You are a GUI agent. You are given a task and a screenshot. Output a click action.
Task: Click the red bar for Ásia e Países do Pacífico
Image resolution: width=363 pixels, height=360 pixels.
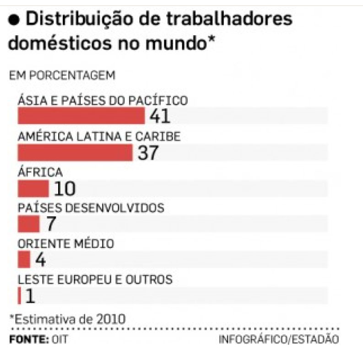pyautogui.click(x=81, y=117)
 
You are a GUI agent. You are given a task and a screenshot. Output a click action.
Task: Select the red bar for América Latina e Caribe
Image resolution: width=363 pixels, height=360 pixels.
pyautogui.click(x=75, y=153)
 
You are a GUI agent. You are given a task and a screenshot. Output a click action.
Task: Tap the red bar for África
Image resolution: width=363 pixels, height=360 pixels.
pyautogui.click(x=33, y=188)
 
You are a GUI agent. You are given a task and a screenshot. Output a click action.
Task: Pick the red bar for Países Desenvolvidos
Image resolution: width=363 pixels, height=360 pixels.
pyautogui.click(x=28, y=224)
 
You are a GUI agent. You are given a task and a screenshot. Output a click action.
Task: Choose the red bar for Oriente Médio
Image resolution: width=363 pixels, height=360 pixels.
pyautogui.click(x=24, y=260)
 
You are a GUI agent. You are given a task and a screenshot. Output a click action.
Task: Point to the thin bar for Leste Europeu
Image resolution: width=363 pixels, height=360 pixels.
pyautogui.click(x=19, y=296)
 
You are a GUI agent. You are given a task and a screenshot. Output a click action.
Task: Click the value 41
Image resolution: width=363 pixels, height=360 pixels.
pyautogui.click(x=159, y=117)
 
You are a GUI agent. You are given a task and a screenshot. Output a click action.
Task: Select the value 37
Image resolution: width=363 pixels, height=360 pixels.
pyautogui.click(x=147, y=153)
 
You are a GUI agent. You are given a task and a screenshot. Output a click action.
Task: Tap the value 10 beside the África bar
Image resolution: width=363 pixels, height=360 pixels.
pyautogui.click(x=64, y=188)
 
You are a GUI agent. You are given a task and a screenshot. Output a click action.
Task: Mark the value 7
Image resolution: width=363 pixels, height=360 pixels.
pyautogui.click(x=50, y=224)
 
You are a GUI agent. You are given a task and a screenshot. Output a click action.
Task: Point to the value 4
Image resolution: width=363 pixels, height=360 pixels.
pyautogui.click(x=40, y=260)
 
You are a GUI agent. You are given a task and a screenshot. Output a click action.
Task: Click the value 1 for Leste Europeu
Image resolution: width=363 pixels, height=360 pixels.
pyautogui.click(x=30, y=296)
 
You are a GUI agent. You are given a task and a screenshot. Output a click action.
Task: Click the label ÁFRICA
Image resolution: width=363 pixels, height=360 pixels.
pyautogui.click(x=40, y=172)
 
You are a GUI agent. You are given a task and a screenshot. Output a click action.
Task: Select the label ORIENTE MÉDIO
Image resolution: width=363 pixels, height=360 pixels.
pyautogui.click(x=65, y=244)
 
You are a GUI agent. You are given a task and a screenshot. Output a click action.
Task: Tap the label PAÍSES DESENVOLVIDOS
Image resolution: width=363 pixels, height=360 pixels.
pyautogui.click(x=91, y=208)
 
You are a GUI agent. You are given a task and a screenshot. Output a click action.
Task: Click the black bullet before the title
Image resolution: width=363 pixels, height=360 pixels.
pyautogui.click(x=15, y=20)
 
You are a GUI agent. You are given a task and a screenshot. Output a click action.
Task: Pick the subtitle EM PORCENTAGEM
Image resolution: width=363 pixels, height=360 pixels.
pyautogui.click(x=62, y=75)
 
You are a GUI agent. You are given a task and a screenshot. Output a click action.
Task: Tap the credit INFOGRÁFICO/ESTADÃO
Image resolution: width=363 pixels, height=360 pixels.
pyautogui.click(x=279, y=340)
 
